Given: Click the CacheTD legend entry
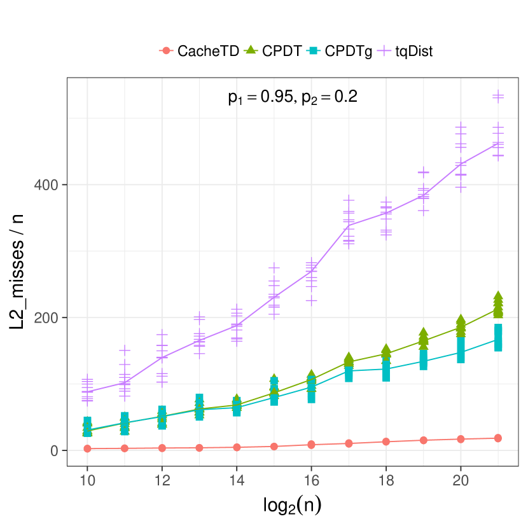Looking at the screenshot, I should pos(199,51).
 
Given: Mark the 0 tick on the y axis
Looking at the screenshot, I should pos(55,450).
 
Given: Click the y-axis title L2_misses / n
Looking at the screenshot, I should pos(19,272).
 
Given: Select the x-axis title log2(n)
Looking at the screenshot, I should pos(292,506).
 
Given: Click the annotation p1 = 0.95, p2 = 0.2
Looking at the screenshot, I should pos(293,97).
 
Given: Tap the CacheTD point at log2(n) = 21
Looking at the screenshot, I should pos(498,438).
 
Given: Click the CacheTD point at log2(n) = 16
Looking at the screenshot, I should pos(311,445).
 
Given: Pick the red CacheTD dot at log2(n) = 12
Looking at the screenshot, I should pos(162,448).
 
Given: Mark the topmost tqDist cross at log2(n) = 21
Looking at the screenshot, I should pos(498,95).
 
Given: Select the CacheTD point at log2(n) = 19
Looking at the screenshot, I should pos(423,440).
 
